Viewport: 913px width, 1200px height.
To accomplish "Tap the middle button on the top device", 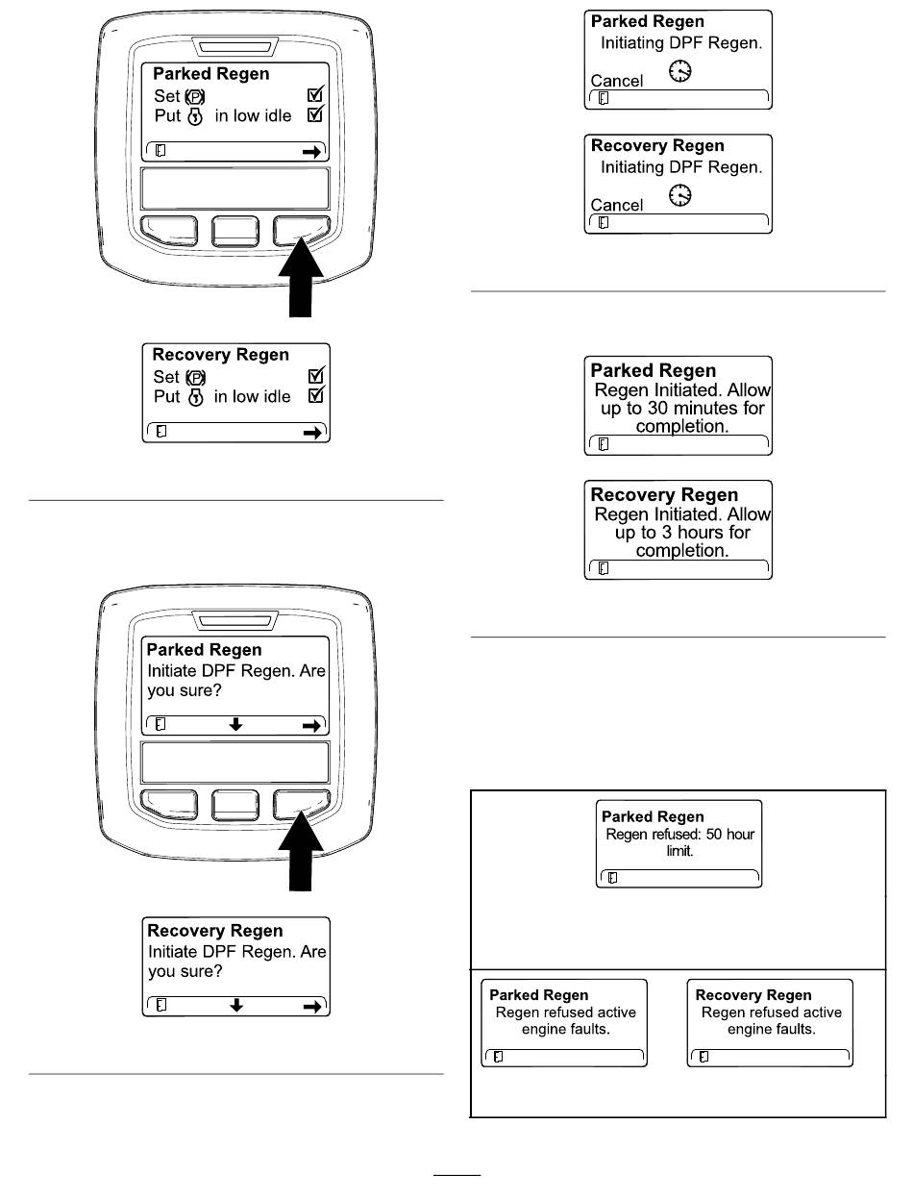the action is click(x=234, y=231).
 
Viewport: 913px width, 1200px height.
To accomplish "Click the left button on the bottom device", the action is click(x=169, y=805).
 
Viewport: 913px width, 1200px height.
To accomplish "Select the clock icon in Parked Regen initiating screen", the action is click(x=679, y=71).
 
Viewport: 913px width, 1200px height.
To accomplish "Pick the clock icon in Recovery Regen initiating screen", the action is click(x=679, y=195).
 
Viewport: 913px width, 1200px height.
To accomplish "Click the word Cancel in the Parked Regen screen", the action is click(x=616, y=81).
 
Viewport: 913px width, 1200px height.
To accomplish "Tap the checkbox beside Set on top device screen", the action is click(x=315, y=94).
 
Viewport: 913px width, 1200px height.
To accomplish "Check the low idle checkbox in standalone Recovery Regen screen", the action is click(x=316, y=394).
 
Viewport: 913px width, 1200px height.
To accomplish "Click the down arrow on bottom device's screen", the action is click(x=235, y=724).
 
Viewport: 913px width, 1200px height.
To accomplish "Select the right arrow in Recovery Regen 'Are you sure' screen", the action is click(x=312, y=1007).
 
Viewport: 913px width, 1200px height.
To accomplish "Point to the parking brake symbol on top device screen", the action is click(x=194, y=97).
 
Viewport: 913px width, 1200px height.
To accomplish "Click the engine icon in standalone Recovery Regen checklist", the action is click(x=195, y=397).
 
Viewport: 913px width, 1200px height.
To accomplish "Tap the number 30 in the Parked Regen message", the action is click(x=658, y=408).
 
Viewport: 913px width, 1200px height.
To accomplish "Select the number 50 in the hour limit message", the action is click(x=714, y=835).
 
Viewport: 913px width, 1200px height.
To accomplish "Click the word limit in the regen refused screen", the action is click(x=679, y=851).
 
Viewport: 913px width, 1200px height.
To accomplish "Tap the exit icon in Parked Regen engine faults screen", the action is click(x=498, y=1057).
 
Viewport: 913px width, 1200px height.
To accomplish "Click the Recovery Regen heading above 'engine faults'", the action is click(x=753, y=994).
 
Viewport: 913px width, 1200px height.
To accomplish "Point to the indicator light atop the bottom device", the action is click(x=234, y=620).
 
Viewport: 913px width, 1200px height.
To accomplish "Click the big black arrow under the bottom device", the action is click(x=300, y=851).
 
